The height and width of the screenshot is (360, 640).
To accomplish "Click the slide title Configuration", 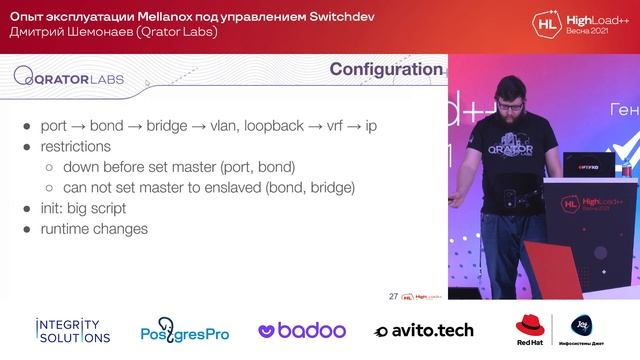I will pos(386,70).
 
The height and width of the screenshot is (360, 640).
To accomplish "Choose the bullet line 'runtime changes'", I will pos(94,229).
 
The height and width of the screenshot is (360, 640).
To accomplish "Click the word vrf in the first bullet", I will pos(345,127).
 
